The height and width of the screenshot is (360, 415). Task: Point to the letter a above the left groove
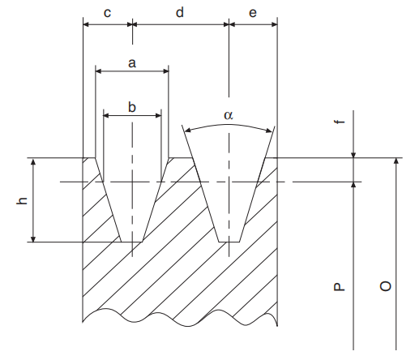(131, 62)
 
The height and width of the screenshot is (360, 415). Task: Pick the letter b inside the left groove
(131, 106)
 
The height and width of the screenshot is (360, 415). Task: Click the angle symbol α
(228, 116)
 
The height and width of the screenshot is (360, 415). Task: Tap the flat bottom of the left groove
(131, 242)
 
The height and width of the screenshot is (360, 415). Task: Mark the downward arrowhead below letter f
(355, 153)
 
